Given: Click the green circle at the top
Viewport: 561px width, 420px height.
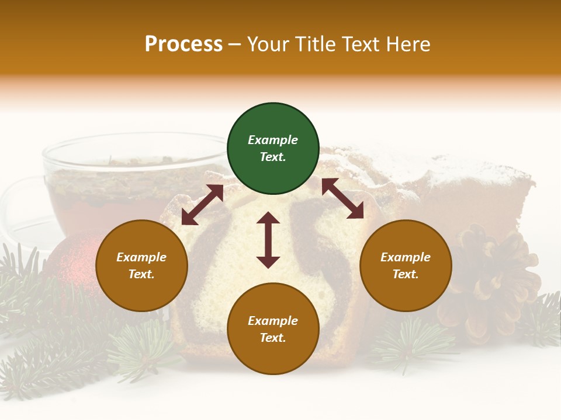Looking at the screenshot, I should [273, 149].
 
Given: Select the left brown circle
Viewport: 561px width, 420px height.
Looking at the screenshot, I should [141, 265].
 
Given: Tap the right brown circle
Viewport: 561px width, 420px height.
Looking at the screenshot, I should [406, 265].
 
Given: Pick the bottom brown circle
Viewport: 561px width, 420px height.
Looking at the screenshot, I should [273, 329].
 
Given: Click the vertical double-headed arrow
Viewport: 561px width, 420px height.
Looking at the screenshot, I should [268, 240].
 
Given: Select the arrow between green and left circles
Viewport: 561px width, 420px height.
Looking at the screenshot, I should [202, 205].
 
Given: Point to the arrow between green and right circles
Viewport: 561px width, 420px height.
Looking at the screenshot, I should [342, 199].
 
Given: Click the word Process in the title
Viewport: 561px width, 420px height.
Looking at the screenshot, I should [183, 44].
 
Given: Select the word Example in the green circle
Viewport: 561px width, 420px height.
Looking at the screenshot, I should [273, 140].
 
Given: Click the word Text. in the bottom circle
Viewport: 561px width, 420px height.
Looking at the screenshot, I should [273, 338].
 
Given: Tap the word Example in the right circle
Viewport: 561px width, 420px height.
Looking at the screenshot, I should [406, 257].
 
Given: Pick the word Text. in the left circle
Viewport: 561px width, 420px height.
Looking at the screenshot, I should [141, 274].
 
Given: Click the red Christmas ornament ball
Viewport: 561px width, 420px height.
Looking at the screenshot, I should [73, 262].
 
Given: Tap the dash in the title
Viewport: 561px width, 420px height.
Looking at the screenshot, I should [235, 44].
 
